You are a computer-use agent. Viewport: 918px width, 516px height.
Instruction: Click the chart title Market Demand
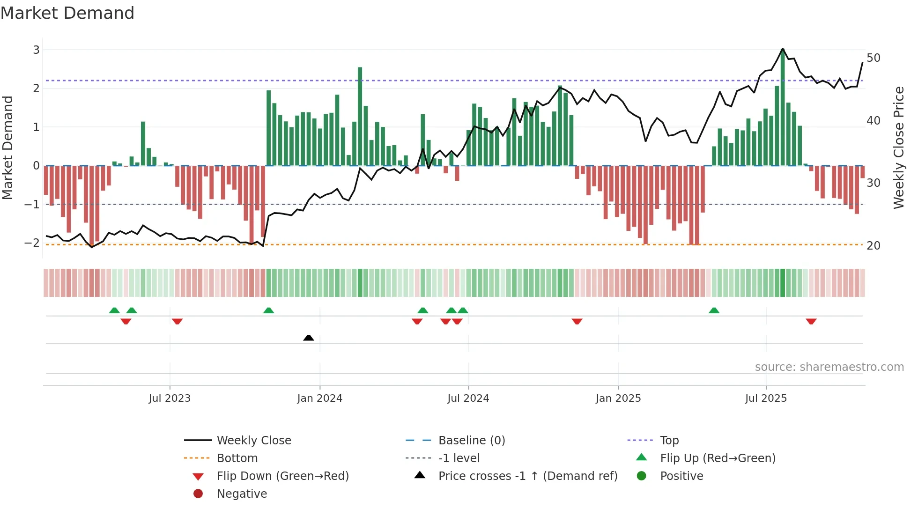point(67,13)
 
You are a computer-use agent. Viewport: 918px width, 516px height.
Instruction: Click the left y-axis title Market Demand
point(8,147)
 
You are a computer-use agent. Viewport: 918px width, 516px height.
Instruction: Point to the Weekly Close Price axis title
point(898,147)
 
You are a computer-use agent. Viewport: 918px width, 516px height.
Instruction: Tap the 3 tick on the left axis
point(36,50)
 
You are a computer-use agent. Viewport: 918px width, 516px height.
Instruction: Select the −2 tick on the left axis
point(32,243)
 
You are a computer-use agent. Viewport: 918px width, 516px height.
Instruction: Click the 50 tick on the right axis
point(873,58)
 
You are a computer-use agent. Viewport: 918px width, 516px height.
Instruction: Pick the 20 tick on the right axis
point(873,245)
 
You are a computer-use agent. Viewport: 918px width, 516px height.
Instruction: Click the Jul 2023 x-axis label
point(170,398)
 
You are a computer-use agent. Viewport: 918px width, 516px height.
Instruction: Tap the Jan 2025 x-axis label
point(618,398)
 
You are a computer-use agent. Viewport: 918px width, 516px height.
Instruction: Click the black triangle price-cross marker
point(309,338)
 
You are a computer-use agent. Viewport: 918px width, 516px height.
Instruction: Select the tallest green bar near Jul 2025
point(783,108)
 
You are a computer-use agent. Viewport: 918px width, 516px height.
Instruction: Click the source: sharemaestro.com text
point(829,367)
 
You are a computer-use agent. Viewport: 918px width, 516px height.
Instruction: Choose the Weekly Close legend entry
point(253,441)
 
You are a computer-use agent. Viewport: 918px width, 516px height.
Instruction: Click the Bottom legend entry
point(237,458)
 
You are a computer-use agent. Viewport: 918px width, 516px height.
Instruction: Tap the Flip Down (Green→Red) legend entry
point(282,476)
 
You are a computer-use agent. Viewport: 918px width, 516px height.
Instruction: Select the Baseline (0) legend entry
point(471,441)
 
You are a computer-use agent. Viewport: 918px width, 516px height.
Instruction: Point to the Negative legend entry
point(242,494)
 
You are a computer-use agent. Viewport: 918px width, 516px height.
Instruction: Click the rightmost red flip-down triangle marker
point(811,321)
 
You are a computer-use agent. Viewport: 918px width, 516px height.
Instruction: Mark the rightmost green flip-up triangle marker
point(714,310)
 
